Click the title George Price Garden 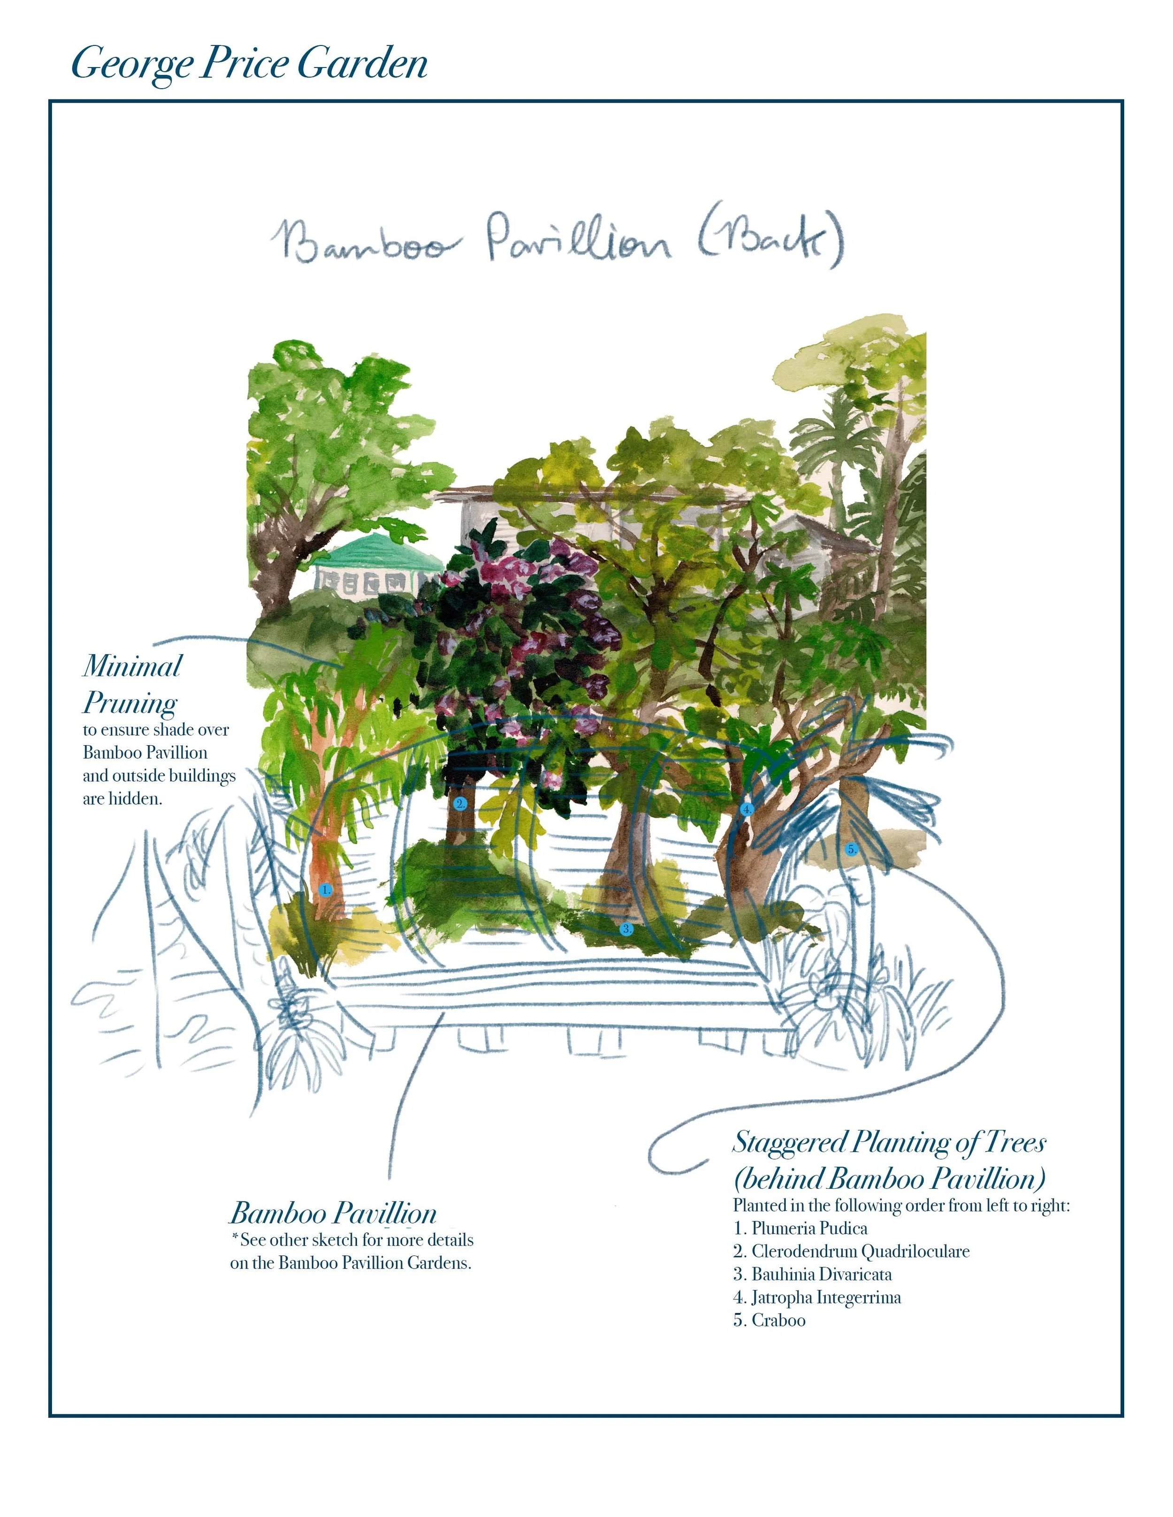249,63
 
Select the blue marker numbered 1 325,889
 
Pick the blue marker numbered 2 459,804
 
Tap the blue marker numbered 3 626,928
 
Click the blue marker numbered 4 747,809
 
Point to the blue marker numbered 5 851,849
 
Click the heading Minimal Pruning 132,684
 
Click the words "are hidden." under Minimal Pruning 122,799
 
